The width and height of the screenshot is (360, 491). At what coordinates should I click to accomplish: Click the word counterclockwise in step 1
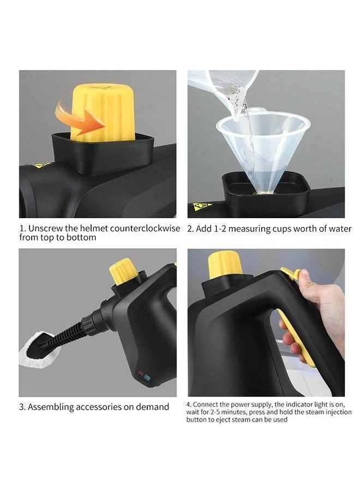[145, 229]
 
